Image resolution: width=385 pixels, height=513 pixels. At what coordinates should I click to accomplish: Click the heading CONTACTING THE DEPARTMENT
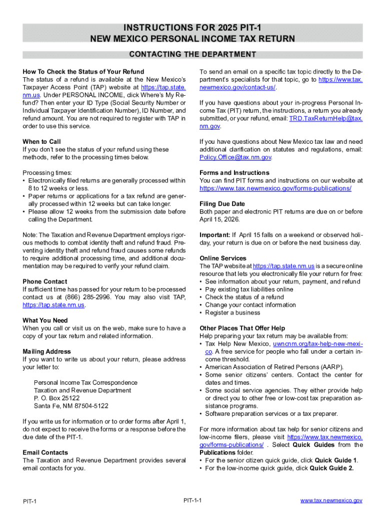[x=192, y=54]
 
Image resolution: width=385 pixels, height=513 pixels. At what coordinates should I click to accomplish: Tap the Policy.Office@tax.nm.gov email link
[x=235, y=157]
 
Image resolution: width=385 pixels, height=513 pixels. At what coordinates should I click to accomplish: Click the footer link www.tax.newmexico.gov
[x=331, y=500]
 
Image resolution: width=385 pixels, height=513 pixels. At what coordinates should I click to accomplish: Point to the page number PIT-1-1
[x=192, y=500]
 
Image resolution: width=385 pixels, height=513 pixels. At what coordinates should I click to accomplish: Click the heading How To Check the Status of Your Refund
[x=83, y=72]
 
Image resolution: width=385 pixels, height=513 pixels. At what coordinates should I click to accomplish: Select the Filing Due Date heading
[x=222, y=204]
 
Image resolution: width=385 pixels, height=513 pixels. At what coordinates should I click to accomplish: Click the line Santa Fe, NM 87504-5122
[x=71, y=406]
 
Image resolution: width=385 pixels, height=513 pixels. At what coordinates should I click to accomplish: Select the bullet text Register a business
[x=232, y=313]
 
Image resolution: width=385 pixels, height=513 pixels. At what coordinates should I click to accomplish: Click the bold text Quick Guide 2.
[x=331, y=468]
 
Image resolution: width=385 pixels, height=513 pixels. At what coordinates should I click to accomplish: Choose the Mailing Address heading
[x=46, y=352]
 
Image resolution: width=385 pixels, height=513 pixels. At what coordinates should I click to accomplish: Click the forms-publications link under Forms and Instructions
[x=275, y=188]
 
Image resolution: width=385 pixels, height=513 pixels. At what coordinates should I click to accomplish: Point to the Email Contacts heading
[x=45, y=452]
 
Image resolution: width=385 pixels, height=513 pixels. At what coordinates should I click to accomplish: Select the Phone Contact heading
[x=44, y=282]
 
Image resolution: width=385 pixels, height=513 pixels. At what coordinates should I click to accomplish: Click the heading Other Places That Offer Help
[x=242, y=328]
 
